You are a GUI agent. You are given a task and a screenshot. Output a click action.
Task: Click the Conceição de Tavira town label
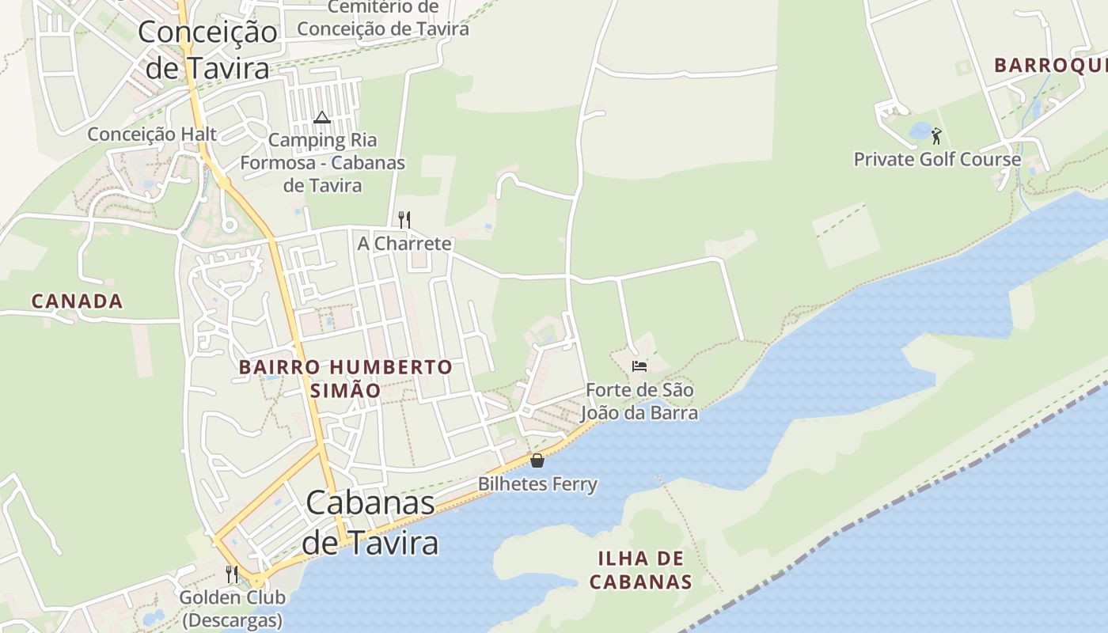tap(207, 50)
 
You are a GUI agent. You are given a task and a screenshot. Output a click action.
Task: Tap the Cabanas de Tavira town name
tap(370, 522)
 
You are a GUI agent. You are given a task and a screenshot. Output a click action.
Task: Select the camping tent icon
tap(321, 118)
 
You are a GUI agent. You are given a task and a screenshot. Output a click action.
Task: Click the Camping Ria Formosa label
tap(323, 163)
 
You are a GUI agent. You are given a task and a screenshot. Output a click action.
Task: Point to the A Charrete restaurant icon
tap(404, 219)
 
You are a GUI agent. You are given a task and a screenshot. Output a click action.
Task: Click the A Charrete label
tap(404, 244)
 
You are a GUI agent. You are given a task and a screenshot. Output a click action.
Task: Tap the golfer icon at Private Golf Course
tap(936, 136)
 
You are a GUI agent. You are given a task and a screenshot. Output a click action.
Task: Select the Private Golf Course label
tap(937, 160)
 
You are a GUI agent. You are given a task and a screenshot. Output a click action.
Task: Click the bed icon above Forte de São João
tap(639, 366)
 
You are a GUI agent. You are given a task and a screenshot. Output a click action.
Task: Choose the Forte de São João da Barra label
tap(639, 402)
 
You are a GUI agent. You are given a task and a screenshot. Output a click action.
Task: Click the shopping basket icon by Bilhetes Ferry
tap(537, 460)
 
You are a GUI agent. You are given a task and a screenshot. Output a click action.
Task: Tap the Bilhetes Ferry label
tap(537, 483)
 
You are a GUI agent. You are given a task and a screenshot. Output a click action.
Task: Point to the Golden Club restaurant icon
tap(232, 574)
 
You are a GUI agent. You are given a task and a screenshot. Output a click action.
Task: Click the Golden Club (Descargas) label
tap(232, 608)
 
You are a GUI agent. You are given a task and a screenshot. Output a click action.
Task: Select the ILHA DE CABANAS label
tap(641, 570)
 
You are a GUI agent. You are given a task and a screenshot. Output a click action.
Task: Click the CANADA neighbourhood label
tap(78, 301)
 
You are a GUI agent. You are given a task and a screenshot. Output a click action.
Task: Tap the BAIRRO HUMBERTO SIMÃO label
tap(345, 378)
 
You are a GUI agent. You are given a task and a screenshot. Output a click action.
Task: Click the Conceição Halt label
tap(152, 135)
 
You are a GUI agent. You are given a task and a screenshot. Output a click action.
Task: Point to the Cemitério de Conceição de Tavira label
tap(383, 18)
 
